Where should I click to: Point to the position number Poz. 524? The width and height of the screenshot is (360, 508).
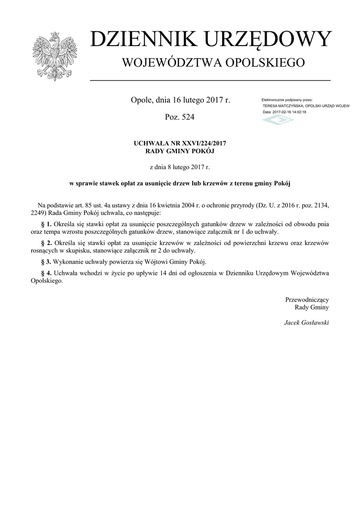pos(179,118)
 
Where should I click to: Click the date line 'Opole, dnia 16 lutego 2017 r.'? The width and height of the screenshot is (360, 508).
pos(180,100)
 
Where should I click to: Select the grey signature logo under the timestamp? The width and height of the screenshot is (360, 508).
pos(278,120)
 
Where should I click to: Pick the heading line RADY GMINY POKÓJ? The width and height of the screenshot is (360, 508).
pos(180,151)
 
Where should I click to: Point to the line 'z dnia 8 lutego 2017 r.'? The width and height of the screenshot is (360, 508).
pos(180,167)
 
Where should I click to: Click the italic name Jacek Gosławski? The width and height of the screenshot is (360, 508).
pos(306,322)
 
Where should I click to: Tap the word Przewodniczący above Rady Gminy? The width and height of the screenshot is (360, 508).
pos(307,300)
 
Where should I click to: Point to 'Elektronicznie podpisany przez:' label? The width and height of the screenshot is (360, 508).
pos(287,100)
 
